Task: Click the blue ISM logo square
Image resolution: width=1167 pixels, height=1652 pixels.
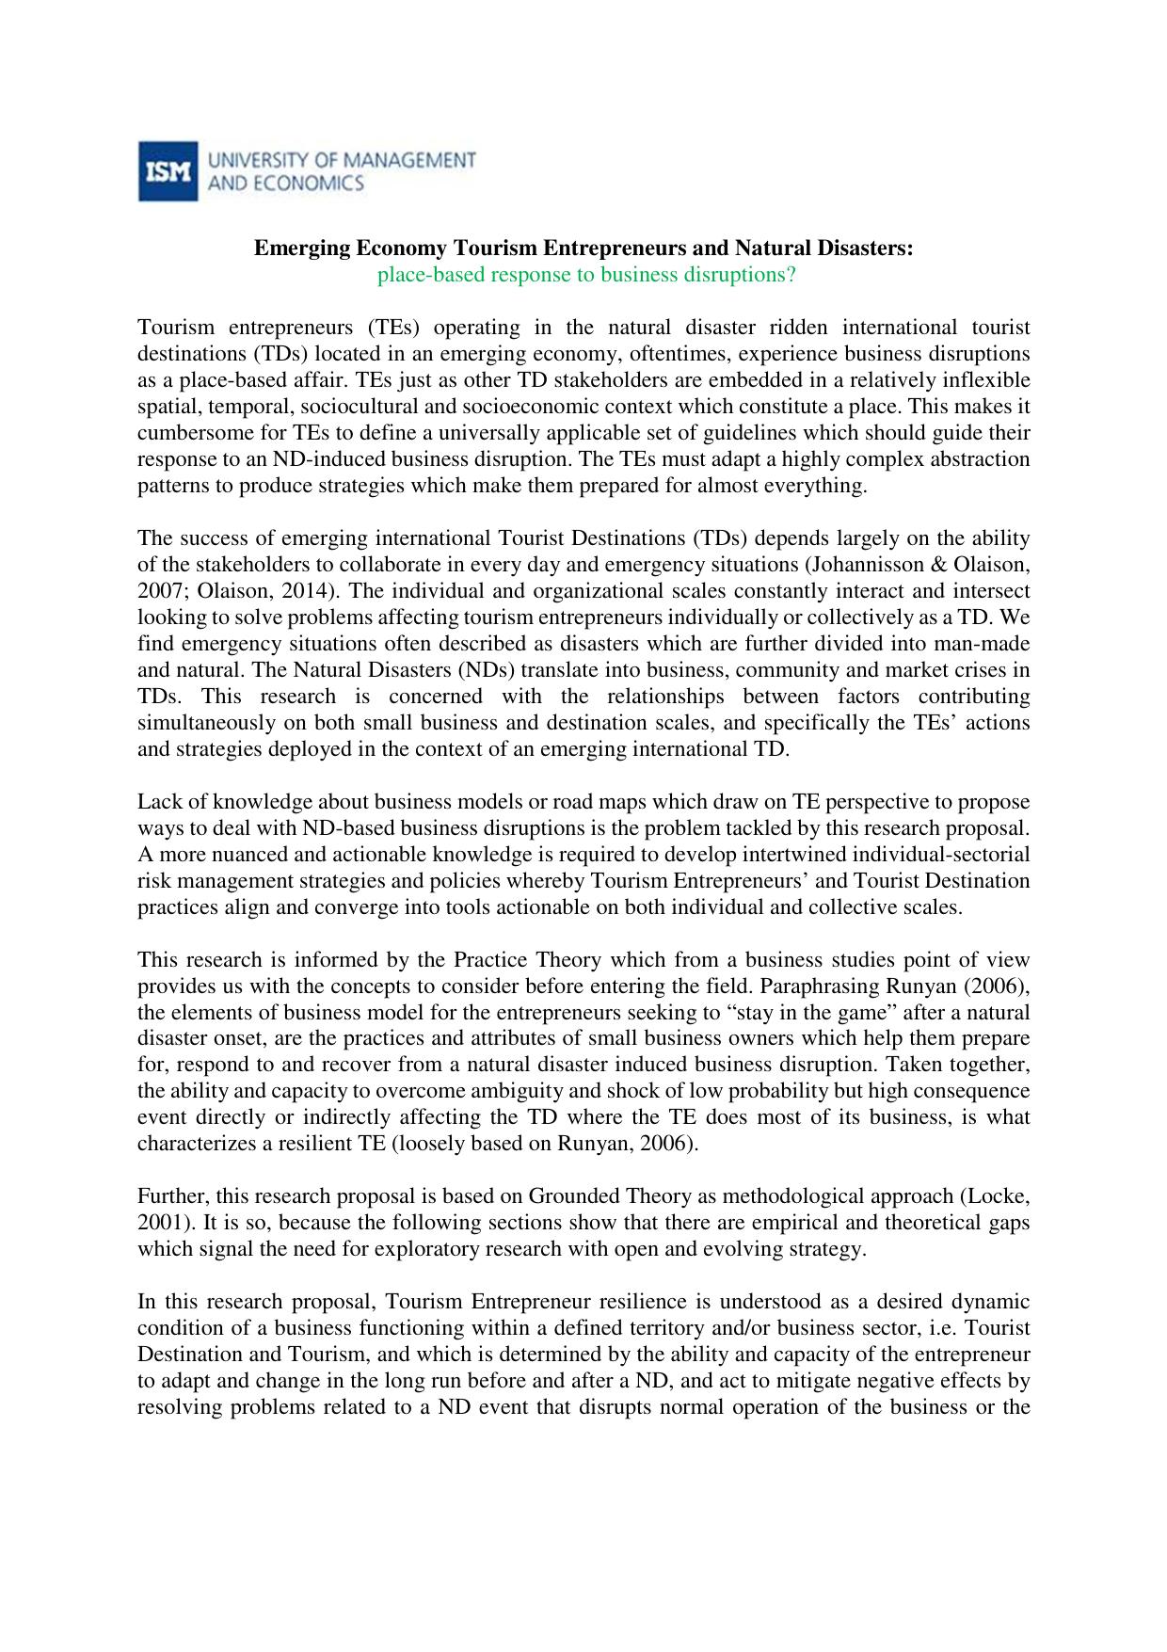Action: click(168, 171)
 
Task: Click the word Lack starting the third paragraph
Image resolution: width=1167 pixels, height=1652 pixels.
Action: click(156, 802)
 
